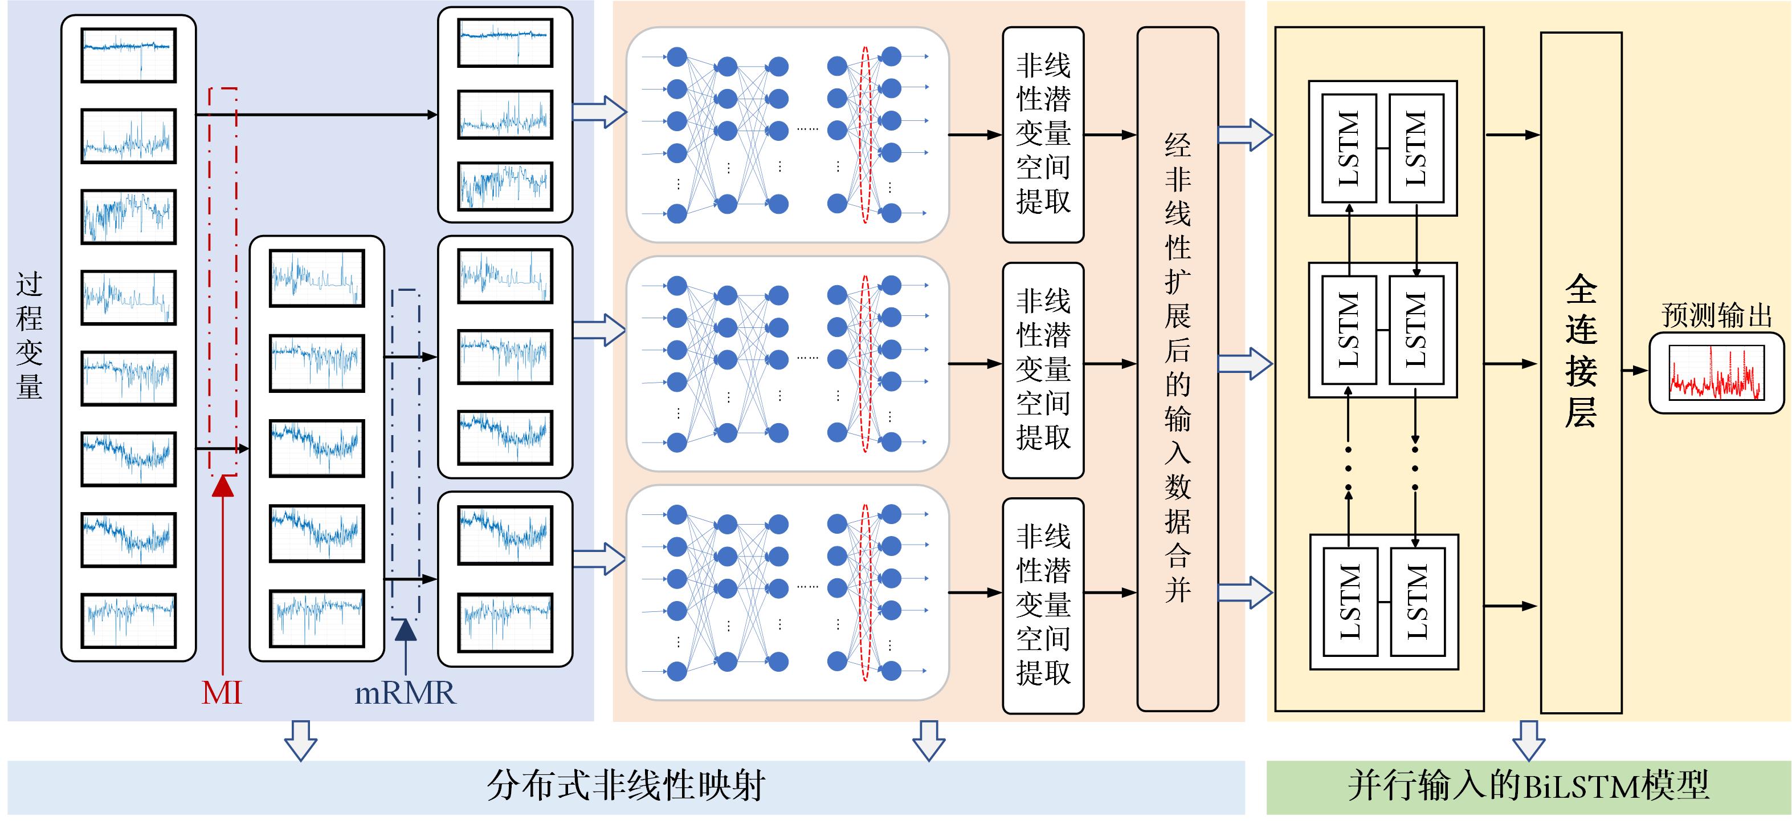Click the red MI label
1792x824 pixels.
222,692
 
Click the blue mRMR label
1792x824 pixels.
405,692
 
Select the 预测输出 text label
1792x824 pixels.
1716,315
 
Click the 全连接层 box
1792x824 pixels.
1581,372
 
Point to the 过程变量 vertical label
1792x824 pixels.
29,335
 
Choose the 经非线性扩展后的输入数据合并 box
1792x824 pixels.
1177,369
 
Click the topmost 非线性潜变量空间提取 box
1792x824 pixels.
1043,135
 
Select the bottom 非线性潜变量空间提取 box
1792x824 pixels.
1043,606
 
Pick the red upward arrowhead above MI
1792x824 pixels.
223,486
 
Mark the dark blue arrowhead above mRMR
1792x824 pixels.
406,629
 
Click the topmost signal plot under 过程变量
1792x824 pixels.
129,55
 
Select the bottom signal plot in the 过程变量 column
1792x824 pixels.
129,620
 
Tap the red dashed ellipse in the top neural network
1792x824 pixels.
866,135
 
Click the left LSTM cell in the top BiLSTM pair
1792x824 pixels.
1349,148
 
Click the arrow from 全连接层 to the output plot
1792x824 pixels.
1635,370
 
